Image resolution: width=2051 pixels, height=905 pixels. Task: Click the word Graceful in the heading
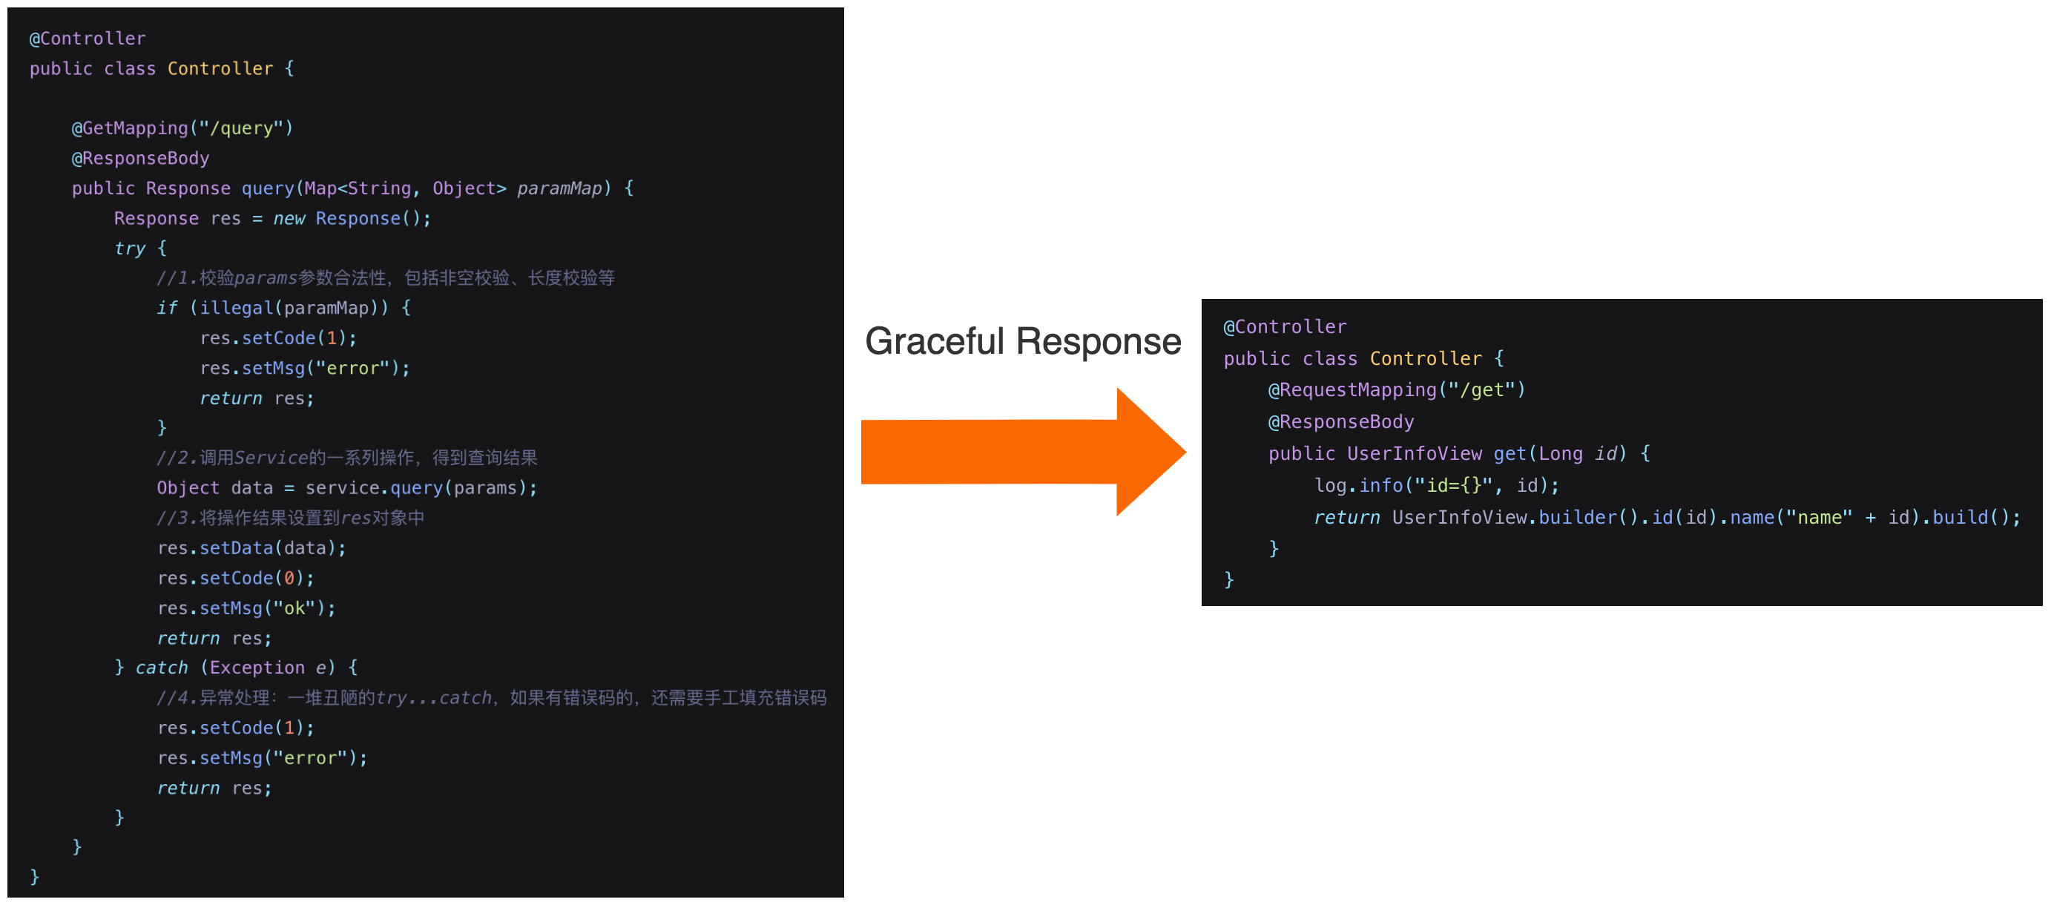coord(935,341)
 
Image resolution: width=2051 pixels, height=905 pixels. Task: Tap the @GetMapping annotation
coord(130,128)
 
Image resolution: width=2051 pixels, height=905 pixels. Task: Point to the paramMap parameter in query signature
coord(559,188)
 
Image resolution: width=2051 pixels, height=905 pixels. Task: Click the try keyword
coord(130,249)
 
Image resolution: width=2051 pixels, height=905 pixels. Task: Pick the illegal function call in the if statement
coord(236,308)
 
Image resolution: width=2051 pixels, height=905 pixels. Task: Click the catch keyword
coord(162,668)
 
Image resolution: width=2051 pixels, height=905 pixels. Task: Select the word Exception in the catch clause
coord(257,668)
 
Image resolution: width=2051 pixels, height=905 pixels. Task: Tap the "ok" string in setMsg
coord(294,608)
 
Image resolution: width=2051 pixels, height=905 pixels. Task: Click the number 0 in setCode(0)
coord(289,578)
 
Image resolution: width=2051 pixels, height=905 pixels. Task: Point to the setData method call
coord(236,548)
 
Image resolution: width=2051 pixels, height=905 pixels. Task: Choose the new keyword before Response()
coord(289,218)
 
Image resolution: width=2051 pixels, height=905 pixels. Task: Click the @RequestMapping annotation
coord(1352,390)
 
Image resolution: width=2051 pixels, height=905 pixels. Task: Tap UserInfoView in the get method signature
coord(1414,454)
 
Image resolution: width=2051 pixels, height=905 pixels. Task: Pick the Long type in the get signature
coord(1560,454)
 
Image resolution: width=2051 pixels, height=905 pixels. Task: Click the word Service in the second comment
coord(271,458)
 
